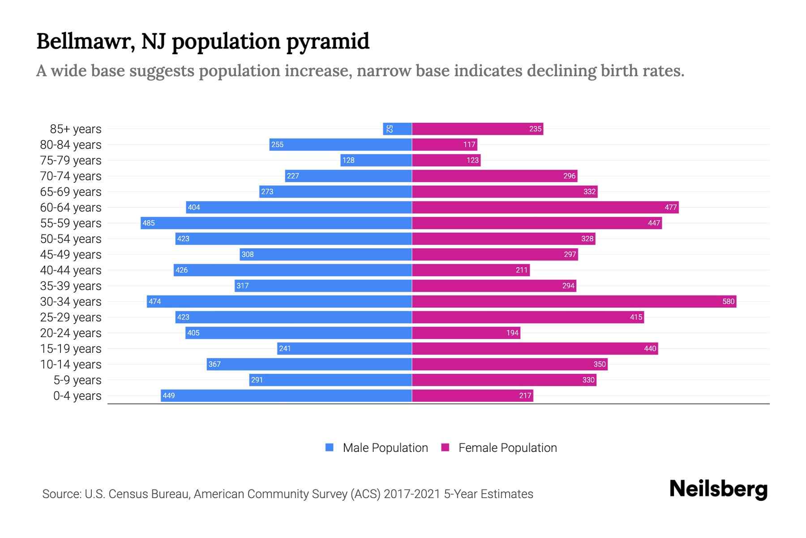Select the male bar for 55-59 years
(276, 223)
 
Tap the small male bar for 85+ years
(397, 129)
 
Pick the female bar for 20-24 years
(466, 333)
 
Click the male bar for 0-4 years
(287, 395)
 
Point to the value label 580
(728, 301)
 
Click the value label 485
(149, 223)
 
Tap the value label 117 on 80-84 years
(469, 144)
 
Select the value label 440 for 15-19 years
(650, 348)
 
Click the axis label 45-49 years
(71, 254)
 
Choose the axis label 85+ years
(76, 129)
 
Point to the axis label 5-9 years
(77, 380)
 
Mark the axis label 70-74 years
(71, 176)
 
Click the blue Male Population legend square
(330, 447)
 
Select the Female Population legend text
(507, 447)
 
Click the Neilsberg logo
(718, 489)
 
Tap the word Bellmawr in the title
(85, 41)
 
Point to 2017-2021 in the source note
(412, 494)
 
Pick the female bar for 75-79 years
(446, 160)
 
